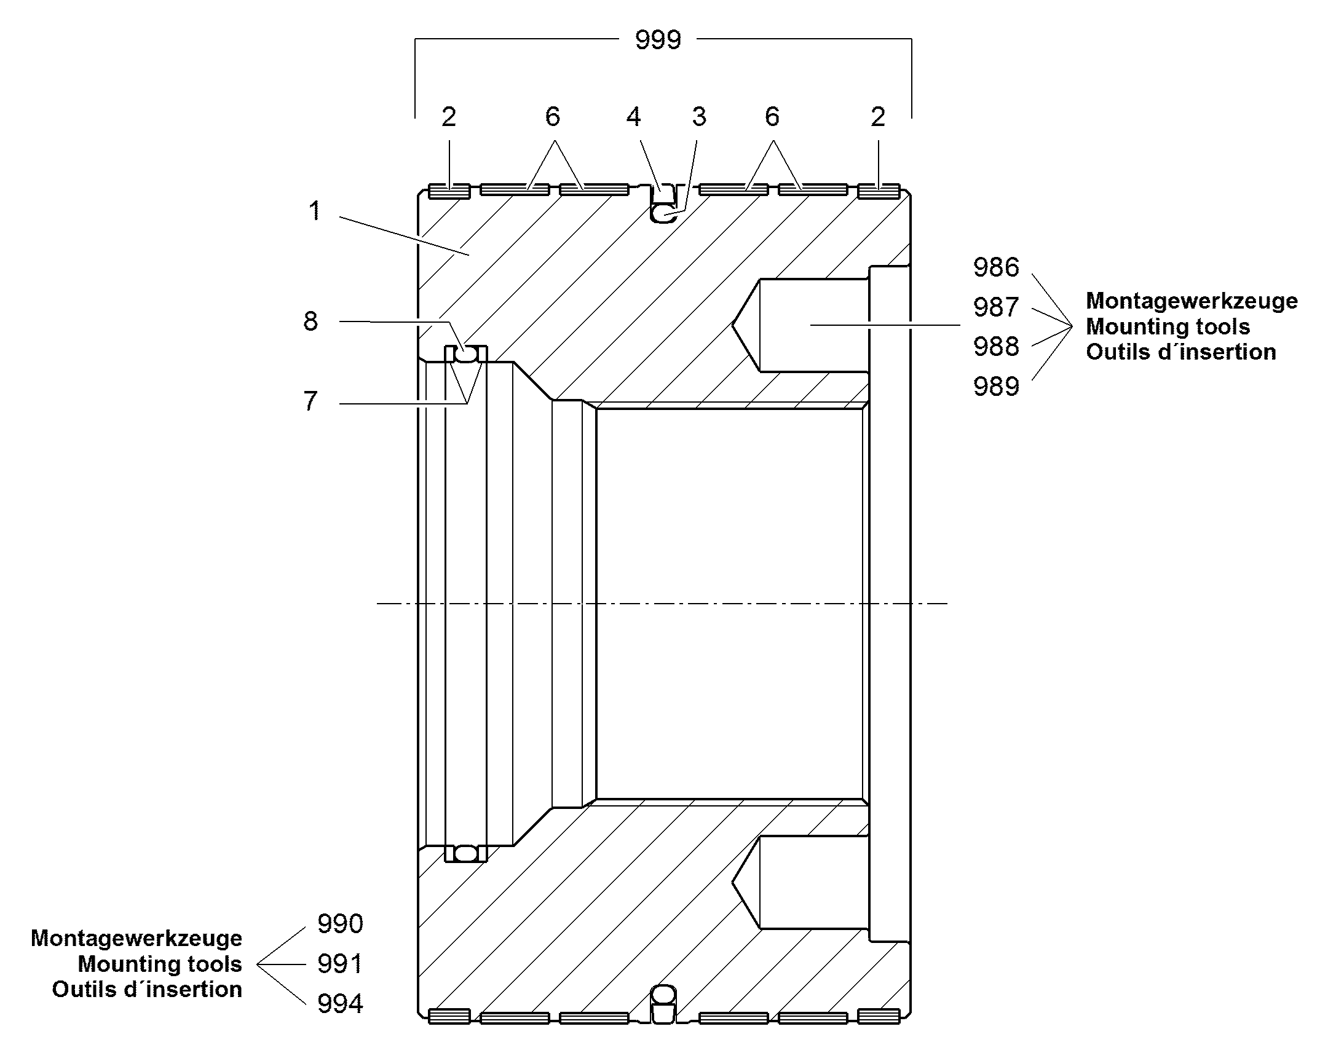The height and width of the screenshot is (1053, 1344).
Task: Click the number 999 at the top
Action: (x=658, y=40)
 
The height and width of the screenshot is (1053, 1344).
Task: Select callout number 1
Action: (x=315, y=211)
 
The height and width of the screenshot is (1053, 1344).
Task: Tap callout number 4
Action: (x=633, y=117)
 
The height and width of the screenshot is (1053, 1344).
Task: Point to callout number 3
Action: (x=698, y=117)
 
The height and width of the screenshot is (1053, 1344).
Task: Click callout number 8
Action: (x=310, y=321)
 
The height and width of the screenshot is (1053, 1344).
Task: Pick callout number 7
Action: (x=310, y=401)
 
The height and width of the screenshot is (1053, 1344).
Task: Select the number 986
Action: (x=996, y=267)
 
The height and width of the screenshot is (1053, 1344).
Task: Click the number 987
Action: (x=996, y=307)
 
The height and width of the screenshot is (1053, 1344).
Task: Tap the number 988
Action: (x=996, y=347)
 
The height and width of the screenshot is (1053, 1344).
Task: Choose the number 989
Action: (x=996, y=387)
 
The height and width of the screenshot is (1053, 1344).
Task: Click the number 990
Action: (x=341, y=923)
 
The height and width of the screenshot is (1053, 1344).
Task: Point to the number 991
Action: (x=341, y=964)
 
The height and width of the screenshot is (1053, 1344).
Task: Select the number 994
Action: (x=341, y=1004)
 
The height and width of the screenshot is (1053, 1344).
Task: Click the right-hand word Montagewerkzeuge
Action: (x=1192, y=301)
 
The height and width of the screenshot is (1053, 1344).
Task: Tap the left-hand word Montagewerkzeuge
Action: (x=136, y=938)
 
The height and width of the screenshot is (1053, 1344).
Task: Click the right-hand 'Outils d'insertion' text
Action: (x=1180, y=352)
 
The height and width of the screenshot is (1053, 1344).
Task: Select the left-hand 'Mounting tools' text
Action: (x=160, y=964)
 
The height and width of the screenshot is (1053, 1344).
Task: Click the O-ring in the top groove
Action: (x=663, y=214)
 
